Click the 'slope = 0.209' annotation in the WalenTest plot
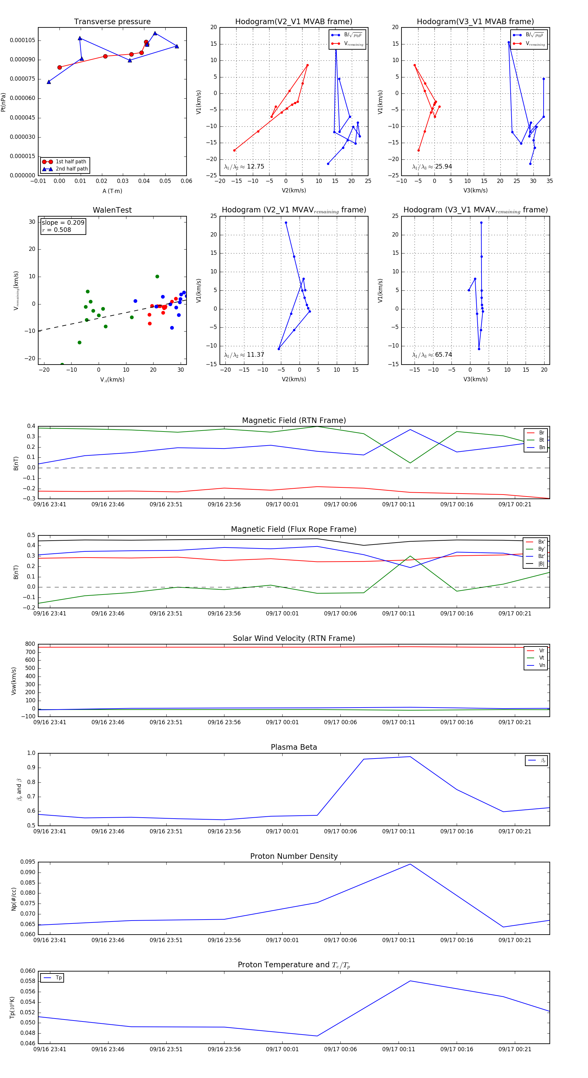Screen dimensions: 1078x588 coord(63,223)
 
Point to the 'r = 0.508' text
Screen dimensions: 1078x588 coord(57,230)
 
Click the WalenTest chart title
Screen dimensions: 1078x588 coord(112,210)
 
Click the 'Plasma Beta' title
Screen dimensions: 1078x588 coord(294,747)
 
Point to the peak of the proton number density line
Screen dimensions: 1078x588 coord(410,864)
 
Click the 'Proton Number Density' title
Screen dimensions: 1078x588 coord(294,856)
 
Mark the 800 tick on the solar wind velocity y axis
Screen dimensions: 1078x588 coord(30,644)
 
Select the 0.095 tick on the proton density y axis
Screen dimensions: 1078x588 coord(28,862)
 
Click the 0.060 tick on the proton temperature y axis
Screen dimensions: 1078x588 coord(28,971)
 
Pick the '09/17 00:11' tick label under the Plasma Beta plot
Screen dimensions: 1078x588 coord(399,831)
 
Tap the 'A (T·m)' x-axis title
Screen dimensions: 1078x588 coord(112,191)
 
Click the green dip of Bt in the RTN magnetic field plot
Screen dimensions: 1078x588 coord(410,463)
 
